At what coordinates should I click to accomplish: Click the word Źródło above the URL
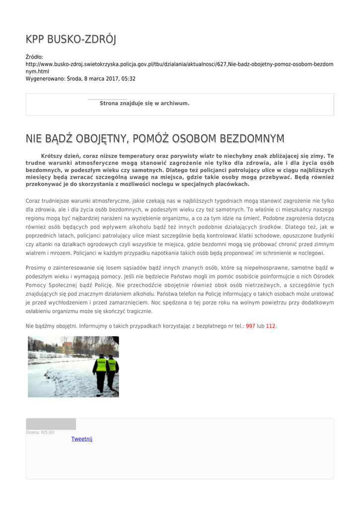coord(34,57)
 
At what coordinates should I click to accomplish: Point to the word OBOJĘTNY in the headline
coord(99,138)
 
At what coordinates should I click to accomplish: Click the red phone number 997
coord(250,326)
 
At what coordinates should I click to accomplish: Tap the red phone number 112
coord(271,326)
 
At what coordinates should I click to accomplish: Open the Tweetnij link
coord(81,439)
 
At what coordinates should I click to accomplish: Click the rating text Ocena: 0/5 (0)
coord(40,433)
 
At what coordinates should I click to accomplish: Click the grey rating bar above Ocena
coord(51,424)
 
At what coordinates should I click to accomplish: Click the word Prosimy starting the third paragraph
coord(35,268)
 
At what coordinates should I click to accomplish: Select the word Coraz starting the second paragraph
coord(33,201)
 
